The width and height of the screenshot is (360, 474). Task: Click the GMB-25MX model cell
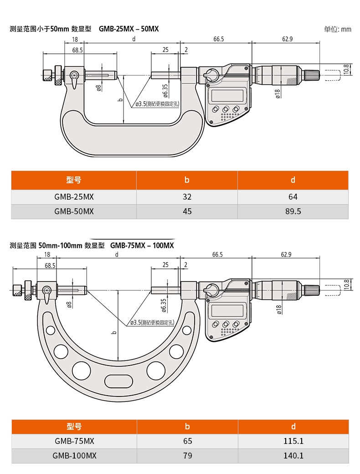[74, 197]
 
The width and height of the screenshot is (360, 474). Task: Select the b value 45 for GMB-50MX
[187, 211]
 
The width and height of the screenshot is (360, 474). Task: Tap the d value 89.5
[293, 211]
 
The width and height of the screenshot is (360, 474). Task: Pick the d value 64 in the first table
[293, 197]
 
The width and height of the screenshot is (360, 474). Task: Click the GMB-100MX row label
[74, 455]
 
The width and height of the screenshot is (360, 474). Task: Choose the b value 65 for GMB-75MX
[187, 441]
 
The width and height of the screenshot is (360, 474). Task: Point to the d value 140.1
[293, 455]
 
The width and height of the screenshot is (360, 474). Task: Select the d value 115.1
[293, 441]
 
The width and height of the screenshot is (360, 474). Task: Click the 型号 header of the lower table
[74, 427]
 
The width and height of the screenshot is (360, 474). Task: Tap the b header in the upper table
[187, 180]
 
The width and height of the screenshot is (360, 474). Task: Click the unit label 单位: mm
[338, 29]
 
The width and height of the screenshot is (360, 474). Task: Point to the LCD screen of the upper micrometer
[226, 96]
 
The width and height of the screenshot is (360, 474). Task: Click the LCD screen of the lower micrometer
[226, 311]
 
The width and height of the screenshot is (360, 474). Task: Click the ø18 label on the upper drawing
[278, 93]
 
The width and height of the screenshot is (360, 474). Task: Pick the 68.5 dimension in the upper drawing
[77, 49]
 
